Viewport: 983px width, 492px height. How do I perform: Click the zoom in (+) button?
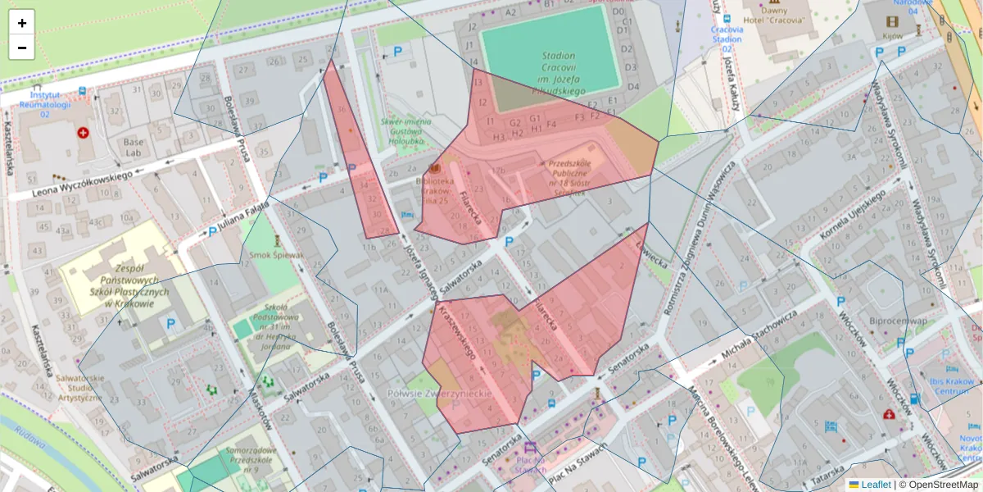pyautogui.click(x=22, y=23)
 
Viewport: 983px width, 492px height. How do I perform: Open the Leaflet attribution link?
pyautogui.click(x=875, y=485)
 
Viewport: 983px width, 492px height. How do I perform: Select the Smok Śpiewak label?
pyautogui.click(x=277, y=255)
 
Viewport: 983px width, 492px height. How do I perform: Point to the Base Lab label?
pyautogui.click(x=133, y=147)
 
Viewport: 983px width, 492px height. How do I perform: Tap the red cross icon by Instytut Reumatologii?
pyautogui.click(x=83, y=133)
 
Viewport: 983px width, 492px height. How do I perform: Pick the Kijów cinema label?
pyautogui.click(x=893, y=37)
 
